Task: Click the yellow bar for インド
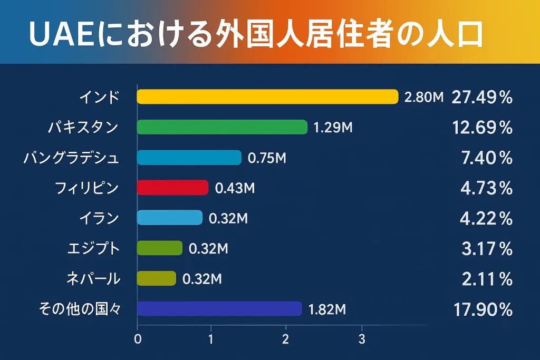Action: click(x=267, y=96)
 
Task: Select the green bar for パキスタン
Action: click(x=221, y=127)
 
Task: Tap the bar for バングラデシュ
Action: click(x=189, y=158)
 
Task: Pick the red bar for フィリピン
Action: click(x=172, y=188)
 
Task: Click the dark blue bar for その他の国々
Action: click(x=219, y=309)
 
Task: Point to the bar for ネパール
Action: click(x=156, y=278)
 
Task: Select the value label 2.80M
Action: click(x=423, y=97)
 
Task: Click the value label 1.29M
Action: click(x=333, y=128)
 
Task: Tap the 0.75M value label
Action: click(x=267, y=158)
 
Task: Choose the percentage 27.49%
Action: click(x=482, y=98)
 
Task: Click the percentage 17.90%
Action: click(x=483, y=310)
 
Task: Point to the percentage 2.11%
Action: click(x=487, y=279)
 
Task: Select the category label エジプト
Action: click(x=94, y=248)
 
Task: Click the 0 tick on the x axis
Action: click(x=138, y=339)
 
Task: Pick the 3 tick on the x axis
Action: click(x=362, y=339)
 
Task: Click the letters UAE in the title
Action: click(x=57, y=34)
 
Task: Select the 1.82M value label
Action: click(x=327, y=309)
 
